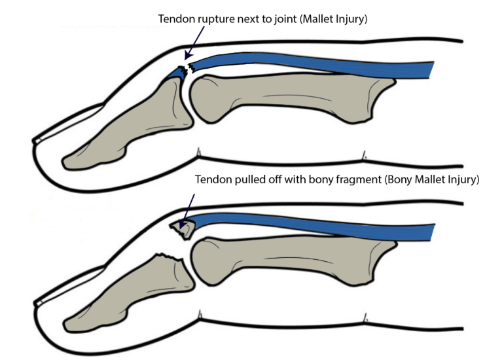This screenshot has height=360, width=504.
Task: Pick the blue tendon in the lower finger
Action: [314, 225]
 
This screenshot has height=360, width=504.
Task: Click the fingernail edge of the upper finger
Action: [37, 139]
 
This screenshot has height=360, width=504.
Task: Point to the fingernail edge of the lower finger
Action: [37, 302]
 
